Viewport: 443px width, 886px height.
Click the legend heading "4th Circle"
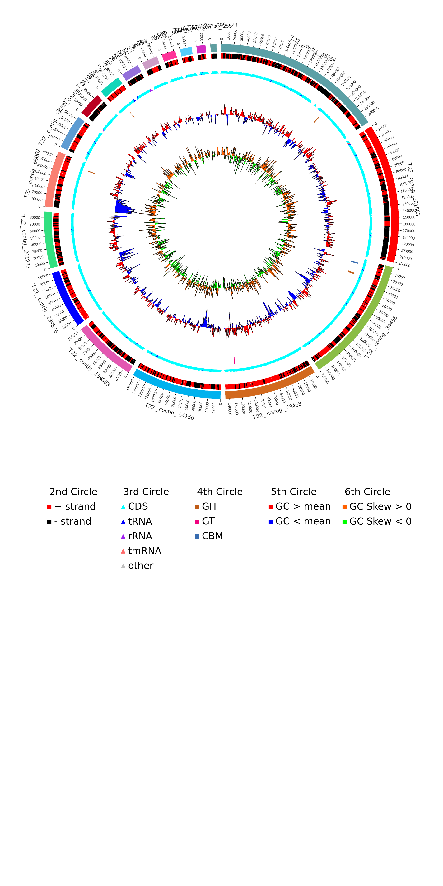(x=220, y=492)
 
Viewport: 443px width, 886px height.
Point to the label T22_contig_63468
(x=277, y=411)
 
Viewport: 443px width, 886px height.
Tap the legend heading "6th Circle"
(x=367, y=492)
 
